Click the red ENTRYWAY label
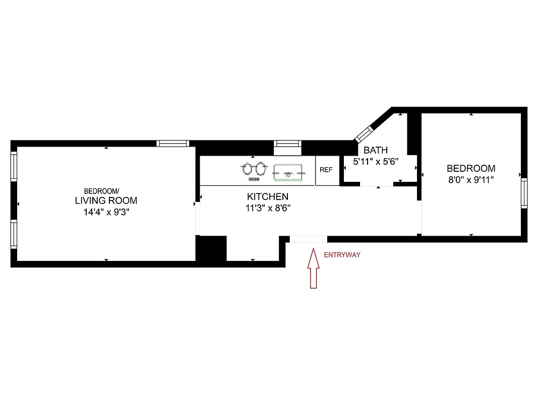342,255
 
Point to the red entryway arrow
314,270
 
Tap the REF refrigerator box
326,170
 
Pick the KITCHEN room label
268,196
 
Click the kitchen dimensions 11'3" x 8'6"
268,208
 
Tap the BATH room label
376,150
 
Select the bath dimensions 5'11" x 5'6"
376,162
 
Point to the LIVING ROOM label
106,200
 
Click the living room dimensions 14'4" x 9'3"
106,212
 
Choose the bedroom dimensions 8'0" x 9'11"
471,180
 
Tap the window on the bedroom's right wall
524,193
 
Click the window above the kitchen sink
287,144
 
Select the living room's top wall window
173,144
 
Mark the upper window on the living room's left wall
14,166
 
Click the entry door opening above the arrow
309,239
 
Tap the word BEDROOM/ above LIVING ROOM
101,191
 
